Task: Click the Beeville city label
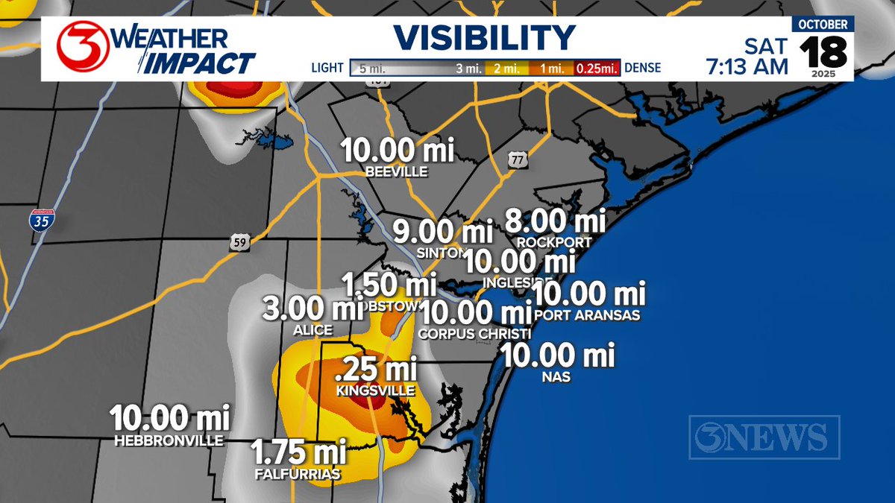(x=397, y=172)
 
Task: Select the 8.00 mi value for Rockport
(x=555, y=221)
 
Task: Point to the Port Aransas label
(x=588, y=315)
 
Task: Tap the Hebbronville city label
(x=169, y=440)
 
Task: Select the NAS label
(x=557, y=377)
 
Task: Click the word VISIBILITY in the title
(x=485, y=38)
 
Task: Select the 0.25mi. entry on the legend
(x=597, y=69)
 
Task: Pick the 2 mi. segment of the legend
(x=506, y=69)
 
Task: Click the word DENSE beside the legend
(x=641, y=69)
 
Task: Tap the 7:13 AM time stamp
(x=747, y=66)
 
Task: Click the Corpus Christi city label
(x=474, y=333)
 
